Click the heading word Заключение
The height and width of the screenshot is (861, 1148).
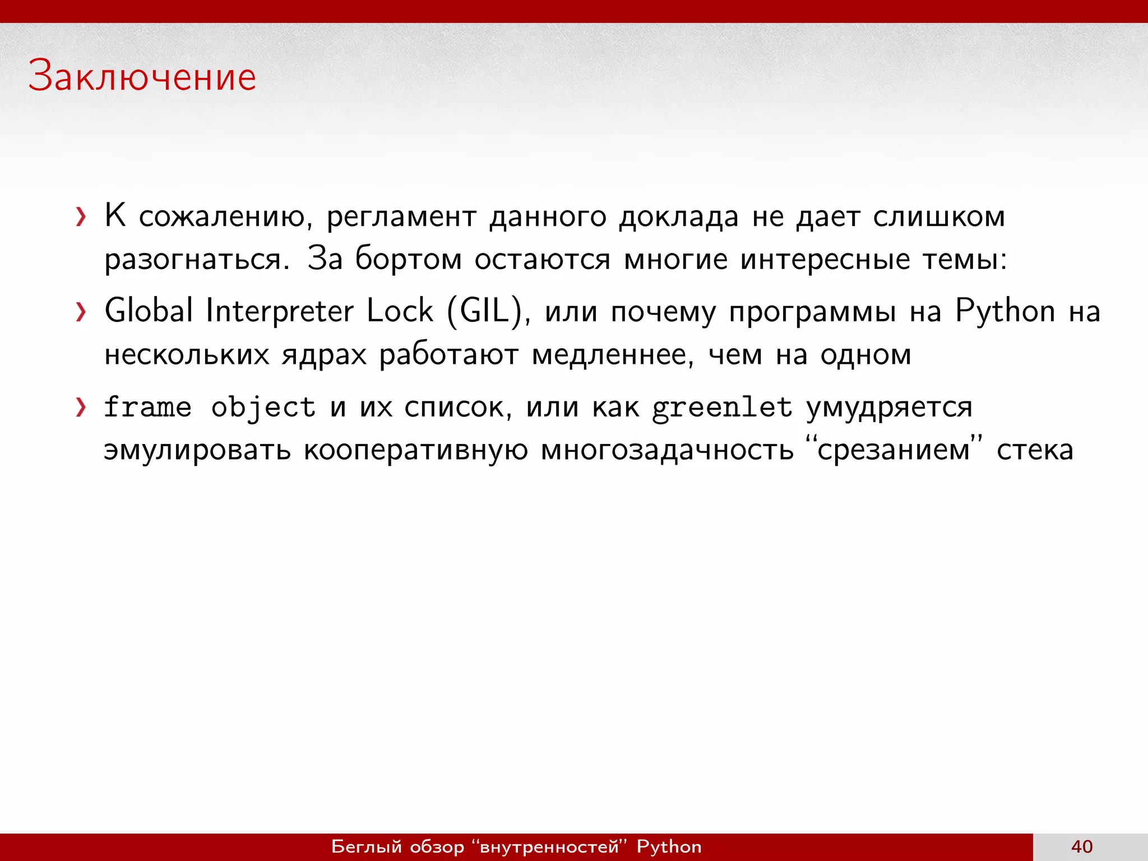pyautogui.click(x=142, y=76)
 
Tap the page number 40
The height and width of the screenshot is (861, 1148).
pyautogui.click(x=1082, y=846)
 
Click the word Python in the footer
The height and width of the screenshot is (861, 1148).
pyautogui.click(x=669, y=846)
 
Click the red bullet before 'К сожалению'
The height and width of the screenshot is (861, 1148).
pyautogui.click(x=81, y=217)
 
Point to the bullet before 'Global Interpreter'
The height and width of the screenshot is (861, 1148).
pyautogui.click(x=81, y=312)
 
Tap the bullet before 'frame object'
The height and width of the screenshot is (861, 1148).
pyautogui.click(x=81, y=408)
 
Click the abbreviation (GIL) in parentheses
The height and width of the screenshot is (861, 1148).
pyautogui.click(x=485, y=312)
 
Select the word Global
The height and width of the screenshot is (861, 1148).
pyautogui.click(x=149, y=311)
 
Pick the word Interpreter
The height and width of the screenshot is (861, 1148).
pyautogui.click(x=280, y=312)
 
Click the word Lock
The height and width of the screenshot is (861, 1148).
pyautogui.click(x=400, y=311)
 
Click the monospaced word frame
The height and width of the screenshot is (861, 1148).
pyautogui.click(x=147, y=407)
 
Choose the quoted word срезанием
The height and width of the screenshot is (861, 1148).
pyautogui.click(x=894, y=450)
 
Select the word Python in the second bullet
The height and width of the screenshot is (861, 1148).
pyautogui.click(x=1005, y=312)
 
